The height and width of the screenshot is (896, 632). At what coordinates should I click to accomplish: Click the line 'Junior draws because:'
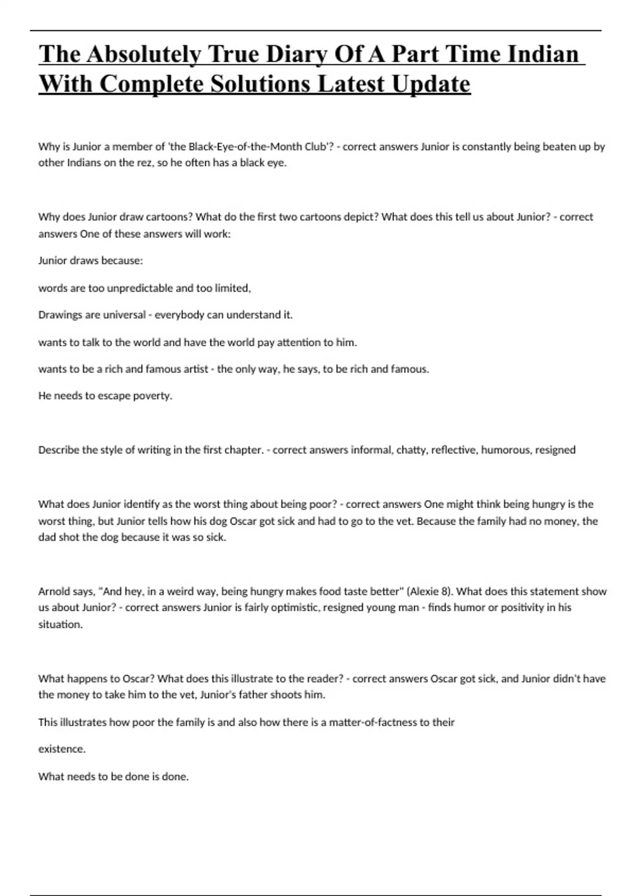[91, 261]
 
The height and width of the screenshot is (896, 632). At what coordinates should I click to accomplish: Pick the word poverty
[151, 396]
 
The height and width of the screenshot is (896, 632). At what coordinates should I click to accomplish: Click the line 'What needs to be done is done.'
[113, 776]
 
